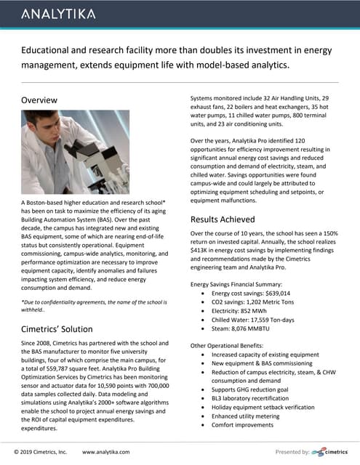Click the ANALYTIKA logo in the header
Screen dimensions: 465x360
[x=58, y=14]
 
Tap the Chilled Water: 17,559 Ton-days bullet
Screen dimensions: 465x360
[x=256, y=328]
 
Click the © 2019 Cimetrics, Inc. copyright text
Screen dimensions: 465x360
[x=41, y=452]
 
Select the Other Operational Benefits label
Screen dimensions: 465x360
[x=230, y=344]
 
